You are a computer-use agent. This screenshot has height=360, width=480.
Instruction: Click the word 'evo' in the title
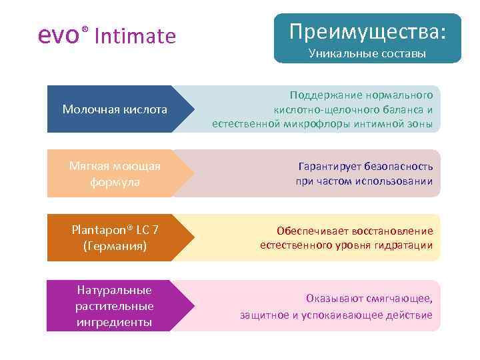click(x=59, y=35)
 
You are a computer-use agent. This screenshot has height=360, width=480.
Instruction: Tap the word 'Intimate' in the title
click(x=135, y=36)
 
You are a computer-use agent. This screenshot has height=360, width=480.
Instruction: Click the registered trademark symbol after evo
click(x=85, y=29)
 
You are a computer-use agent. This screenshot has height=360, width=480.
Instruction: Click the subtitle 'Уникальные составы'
click(x=367, y=53)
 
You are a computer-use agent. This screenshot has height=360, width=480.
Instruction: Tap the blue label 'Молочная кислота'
click(x=115, y=109)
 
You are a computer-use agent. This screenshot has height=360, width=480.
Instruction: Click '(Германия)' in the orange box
click(x=115, y=246)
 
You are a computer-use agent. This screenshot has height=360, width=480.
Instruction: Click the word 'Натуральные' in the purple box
click(x=115, y=290)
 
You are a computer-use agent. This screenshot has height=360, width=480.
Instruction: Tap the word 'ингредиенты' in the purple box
click(x=115, y=322)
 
